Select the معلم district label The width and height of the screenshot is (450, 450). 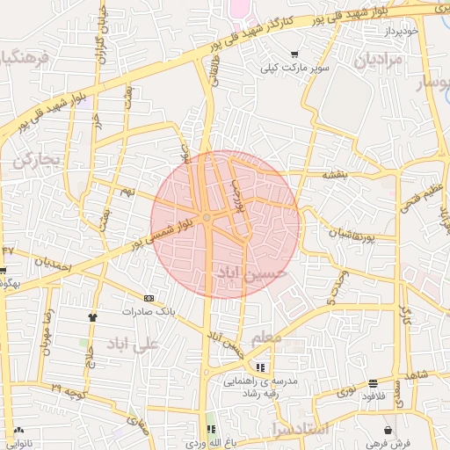266,336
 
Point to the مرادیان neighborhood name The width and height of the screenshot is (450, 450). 378,61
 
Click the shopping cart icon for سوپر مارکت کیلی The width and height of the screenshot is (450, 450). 294,53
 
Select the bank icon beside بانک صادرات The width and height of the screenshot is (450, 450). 148,298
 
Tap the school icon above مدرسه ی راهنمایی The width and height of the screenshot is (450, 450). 260,367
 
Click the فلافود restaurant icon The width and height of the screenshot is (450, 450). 374,383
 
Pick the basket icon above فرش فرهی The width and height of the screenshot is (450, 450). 388,429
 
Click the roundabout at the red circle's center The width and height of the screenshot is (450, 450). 207,217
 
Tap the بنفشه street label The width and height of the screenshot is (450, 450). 335,175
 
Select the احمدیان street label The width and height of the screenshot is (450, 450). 53,263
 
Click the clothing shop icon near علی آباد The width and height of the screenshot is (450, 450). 92,316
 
